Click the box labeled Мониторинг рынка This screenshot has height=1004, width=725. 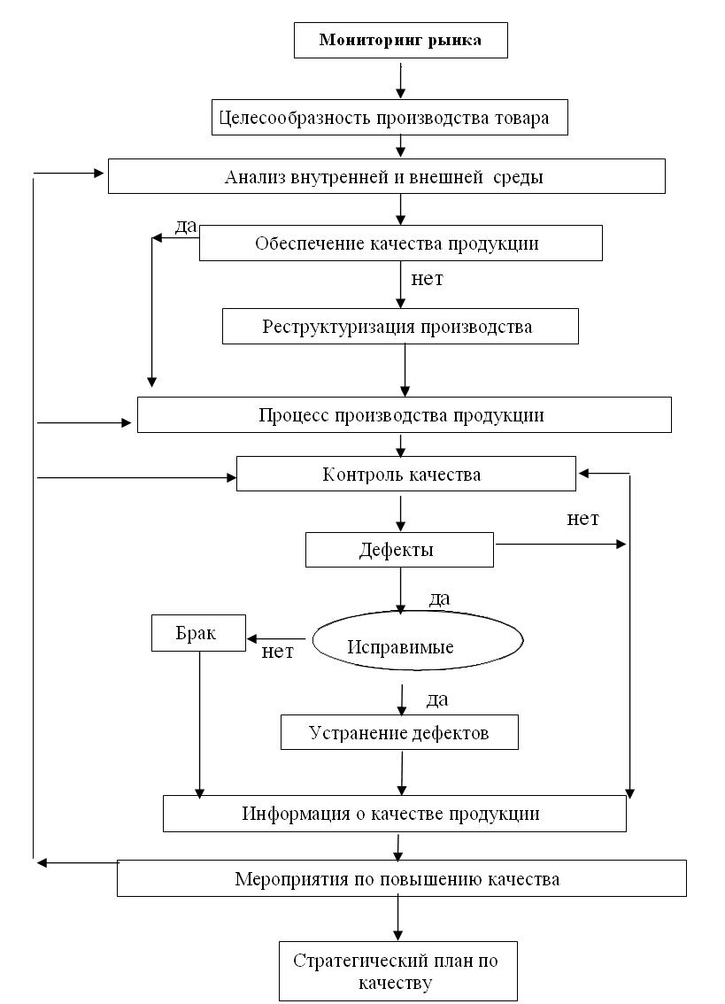click(400, 41)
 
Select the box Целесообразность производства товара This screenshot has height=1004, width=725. click(389, 117)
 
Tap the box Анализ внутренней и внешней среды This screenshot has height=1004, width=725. click(386, 176)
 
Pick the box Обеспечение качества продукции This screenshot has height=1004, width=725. click(400, 243)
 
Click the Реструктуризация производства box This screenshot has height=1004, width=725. click(400, 326)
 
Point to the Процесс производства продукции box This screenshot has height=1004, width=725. click(405, 414)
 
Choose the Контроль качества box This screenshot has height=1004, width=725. click(406, 474)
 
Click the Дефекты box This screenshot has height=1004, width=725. click(399, 550)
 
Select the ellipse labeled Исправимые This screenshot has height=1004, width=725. click(418, 640)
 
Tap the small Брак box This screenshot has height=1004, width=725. click(198, 633)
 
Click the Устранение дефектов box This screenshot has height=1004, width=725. click(399, 732)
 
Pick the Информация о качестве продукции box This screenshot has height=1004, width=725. click(395, 814)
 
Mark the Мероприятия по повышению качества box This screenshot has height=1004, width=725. click(402, 878)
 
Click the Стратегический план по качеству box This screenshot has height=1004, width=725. click(397, 970)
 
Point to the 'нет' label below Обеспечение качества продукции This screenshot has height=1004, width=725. click(428, 279)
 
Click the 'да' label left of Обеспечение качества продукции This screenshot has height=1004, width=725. click(186, 226)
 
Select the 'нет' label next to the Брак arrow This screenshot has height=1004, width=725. click(277, 652)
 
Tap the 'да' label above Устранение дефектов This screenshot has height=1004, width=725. click(437, 699)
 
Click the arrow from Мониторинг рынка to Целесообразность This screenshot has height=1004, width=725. click(401, 80)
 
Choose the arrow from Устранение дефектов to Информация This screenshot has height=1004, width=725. click(402, 774)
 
